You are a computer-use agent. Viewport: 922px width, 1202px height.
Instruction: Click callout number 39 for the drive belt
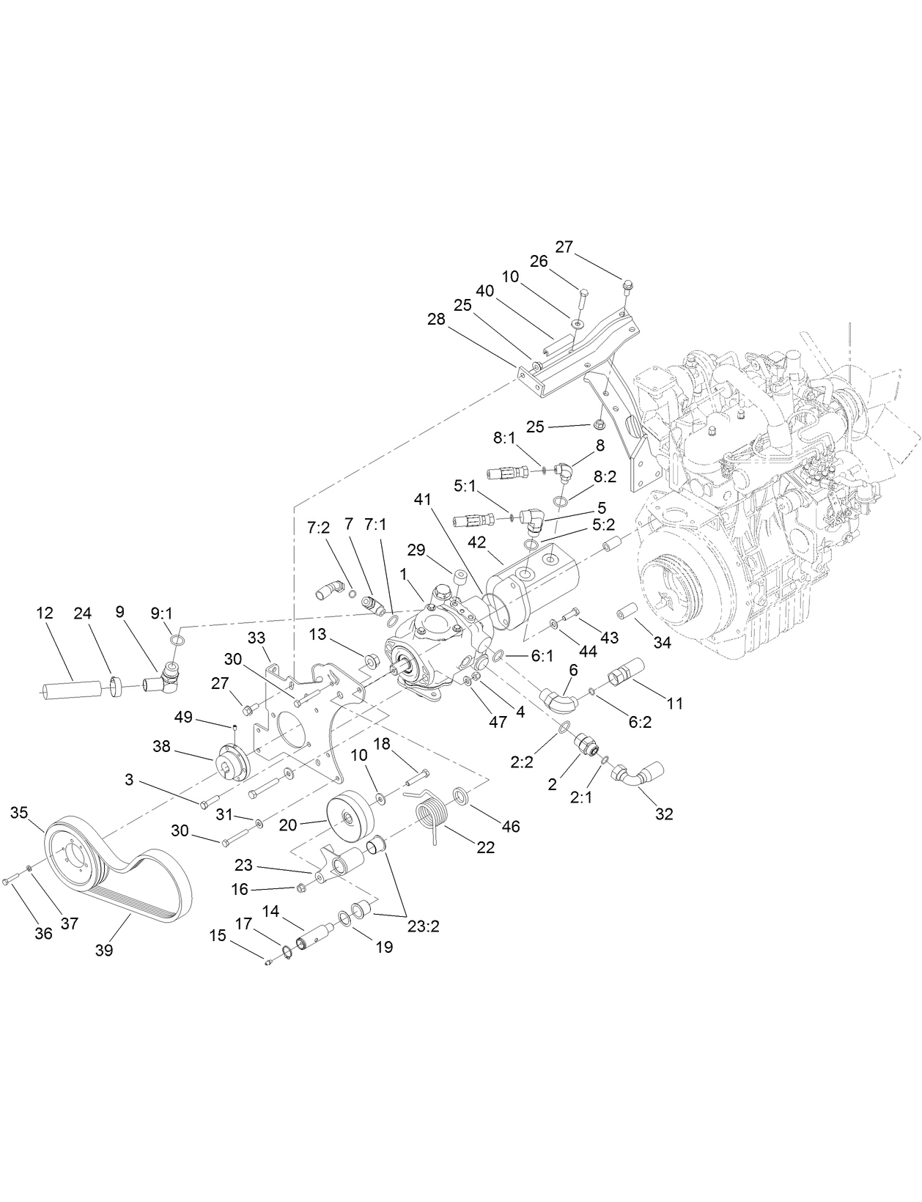pos(103,950)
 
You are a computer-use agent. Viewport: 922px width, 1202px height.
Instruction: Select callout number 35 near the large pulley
pos(19,812)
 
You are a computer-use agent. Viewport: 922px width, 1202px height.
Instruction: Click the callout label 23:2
pos(424,925)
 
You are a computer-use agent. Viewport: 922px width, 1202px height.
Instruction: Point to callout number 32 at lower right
pos(663,814)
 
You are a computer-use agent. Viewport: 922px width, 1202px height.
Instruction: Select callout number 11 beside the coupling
pos(674,703)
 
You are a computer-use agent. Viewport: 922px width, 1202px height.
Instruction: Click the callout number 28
pos(436,319)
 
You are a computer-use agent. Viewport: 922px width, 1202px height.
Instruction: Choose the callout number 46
pos(510,826)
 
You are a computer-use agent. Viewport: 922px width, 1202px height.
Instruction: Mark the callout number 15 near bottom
pos(218,936)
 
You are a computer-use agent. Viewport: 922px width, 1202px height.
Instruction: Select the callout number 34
pos(662,643)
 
